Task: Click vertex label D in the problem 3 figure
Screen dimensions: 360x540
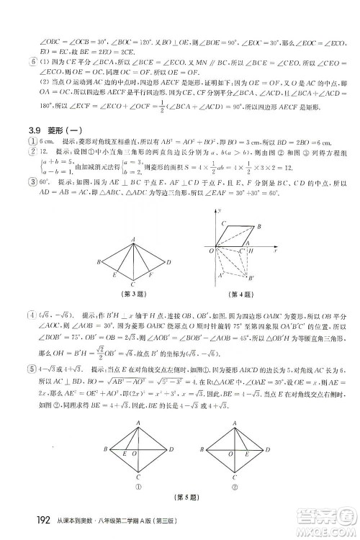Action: point(171,262)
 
